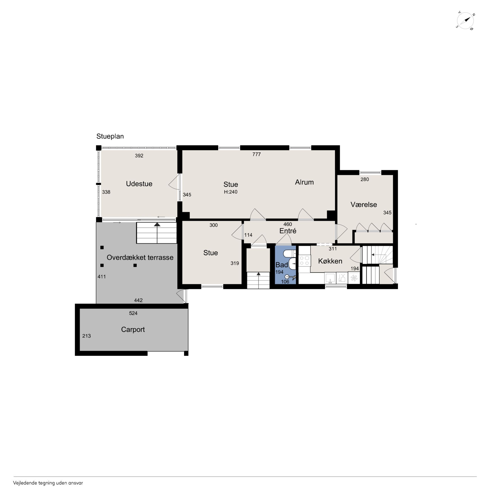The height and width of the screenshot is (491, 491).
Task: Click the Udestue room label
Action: point(139,184)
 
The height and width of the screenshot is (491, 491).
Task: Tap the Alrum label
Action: point(304,182)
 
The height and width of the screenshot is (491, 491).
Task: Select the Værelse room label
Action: point(364,205)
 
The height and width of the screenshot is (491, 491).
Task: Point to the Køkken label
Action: point(330,261)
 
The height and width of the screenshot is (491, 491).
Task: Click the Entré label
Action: point(288,231)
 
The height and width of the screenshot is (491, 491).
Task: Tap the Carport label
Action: point(133,330)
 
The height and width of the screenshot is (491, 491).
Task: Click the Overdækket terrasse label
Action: point(140,257)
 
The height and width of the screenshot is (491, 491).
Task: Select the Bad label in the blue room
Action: point(282,265)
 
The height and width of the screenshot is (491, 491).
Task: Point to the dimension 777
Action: point(256,154)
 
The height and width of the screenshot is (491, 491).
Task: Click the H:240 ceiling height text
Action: point(231,192)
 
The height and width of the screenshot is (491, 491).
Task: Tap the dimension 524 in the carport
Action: point(133,313)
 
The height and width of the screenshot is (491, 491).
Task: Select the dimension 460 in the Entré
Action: point(288,224)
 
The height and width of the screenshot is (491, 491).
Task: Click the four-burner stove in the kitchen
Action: point(304,260)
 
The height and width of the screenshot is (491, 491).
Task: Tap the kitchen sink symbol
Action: point(330,278)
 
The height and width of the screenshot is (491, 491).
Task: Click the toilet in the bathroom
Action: point(290,253)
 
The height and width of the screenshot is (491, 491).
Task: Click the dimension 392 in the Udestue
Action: point(139,156)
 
